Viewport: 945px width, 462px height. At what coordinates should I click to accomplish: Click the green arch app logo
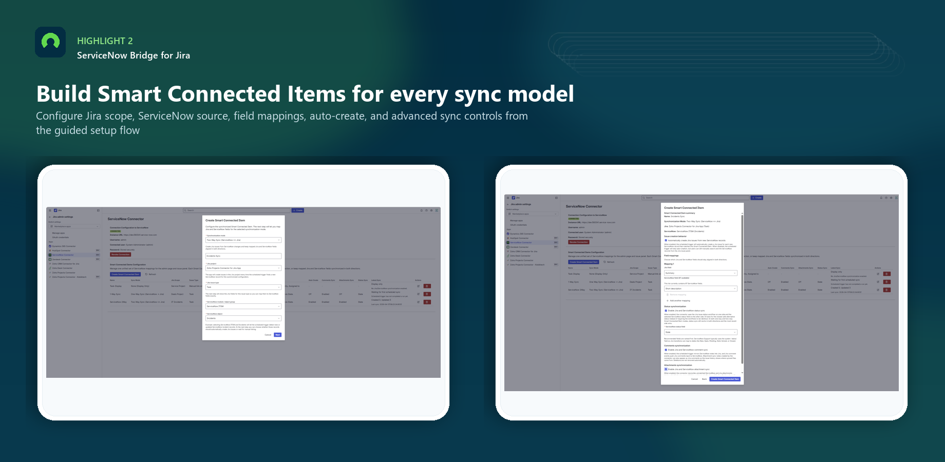[50, 42]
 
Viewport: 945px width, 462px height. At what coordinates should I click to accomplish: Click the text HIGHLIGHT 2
[105, 41]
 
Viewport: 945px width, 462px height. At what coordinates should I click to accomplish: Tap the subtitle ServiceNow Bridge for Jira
[134, 55]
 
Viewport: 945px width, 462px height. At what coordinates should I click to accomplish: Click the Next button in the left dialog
[278, 335]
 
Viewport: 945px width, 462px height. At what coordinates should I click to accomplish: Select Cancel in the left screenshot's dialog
[268, 335]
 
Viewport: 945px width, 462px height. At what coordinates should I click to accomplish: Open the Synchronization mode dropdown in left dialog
[243, 240]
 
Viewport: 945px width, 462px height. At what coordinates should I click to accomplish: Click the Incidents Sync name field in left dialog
[243, 256]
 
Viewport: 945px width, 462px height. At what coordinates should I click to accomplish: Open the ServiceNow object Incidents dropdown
[243, 318]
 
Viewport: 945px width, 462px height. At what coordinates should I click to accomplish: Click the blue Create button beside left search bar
[298, 210]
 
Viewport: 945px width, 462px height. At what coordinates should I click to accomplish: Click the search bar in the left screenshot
[237, 210]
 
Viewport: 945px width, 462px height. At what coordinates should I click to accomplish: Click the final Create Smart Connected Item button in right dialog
[725, 379]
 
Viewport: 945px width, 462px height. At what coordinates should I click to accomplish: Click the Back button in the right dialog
[705, 379]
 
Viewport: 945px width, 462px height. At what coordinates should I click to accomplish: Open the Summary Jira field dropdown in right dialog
[701, 273]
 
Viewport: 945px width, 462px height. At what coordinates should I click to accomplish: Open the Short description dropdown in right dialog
[701, 288]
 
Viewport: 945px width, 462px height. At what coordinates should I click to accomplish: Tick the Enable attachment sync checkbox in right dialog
[666, 369]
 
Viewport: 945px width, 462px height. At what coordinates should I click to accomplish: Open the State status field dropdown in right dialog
[701, 332]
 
